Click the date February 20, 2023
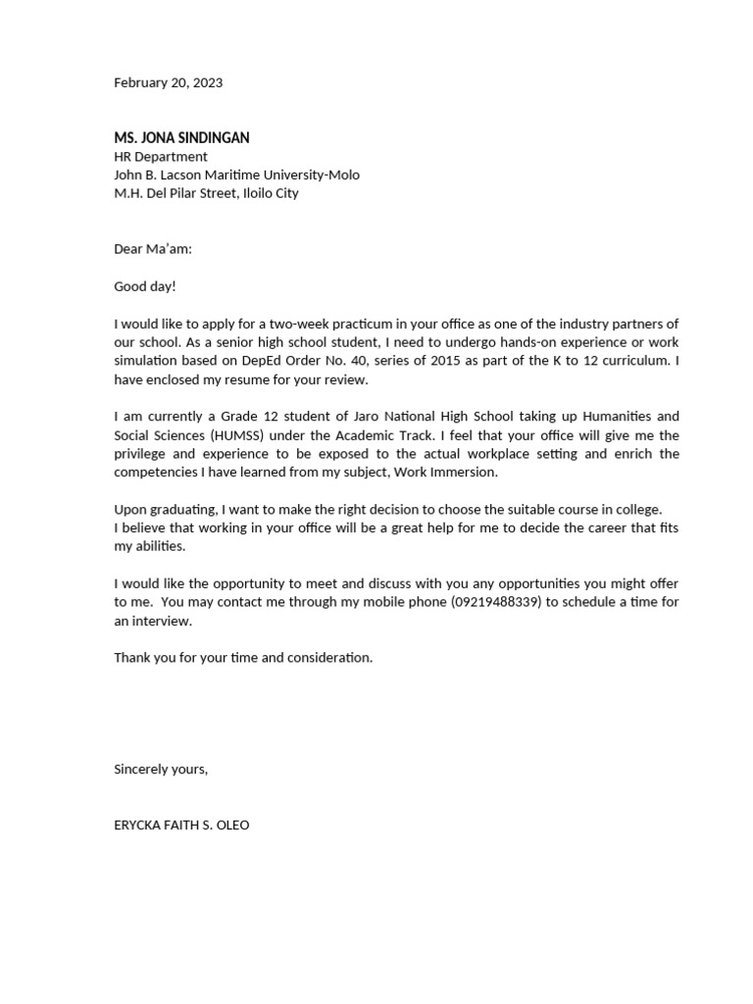[168, 82]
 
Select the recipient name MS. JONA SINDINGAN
[181, 138]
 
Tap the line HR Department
[161, 157]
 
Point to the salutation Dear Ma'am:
[153, 249]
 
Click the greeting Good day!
[145, 286]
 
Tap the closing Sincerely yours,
[161, 770]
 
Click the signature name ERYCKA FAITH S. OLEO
[181, 826]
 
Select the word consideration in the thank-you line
[329, 658]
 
